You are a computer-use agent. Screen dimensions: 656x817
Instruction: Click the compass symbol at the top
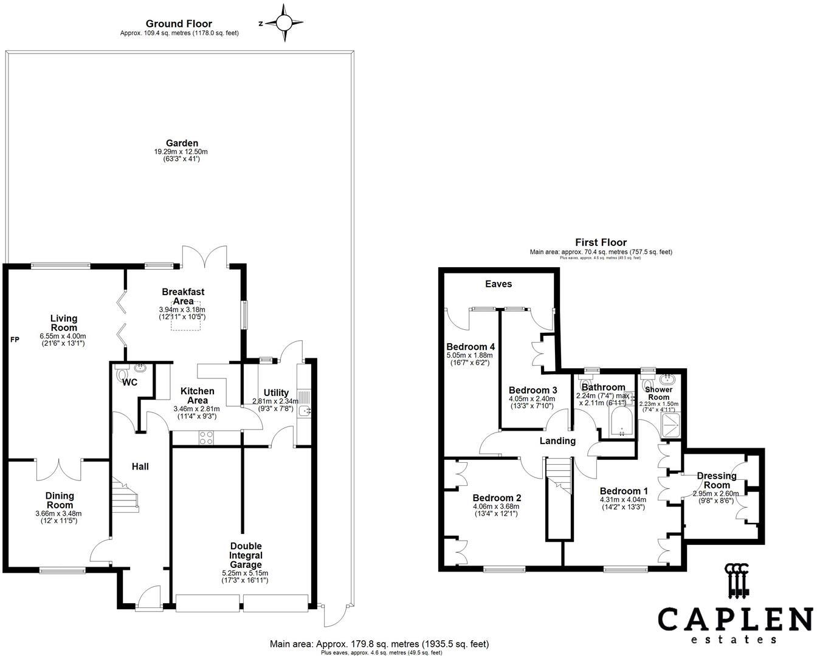pyautogui.click(x=284, y=23)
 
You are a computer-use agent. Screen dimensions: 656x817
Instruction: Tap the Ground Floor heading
pyautogui.click(x=179, y=24)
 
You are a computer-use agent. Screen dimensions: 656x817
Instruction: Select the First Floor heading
pyautogui.click(x=601, y=242)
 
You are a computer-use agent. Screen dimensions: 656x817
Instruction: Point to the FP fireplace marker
pyautogui.click(x=15, y=340)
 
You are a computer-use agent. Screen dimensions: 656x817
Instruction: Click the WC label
pyautogui.click(x=129, y=383)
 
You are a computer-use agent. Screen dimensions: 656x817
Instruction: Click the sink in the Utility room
pyautogui.click(x=304, y=412)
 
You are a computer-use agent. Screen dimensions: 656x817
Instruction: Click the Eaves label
pyautogui.click(x=498, y=284)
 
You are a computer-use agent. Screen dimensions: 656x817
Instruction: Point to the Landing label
pyautogui.click(x=557, y=441)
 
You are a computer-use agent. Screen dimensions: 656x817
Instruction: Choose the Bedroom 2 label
pyautogui.click(x=497, y=497)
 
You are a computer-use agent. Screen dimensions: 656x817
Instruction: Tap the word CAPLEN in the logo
pyautogui.click(x=735, y=620)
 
